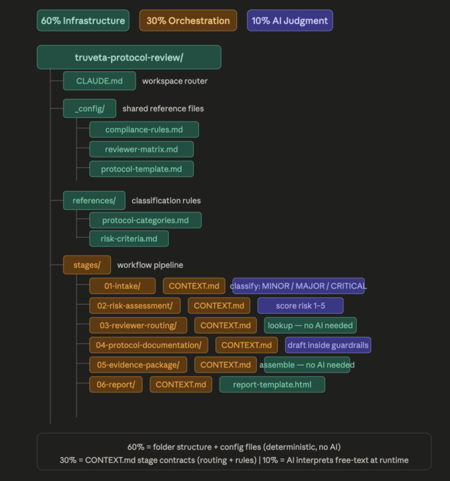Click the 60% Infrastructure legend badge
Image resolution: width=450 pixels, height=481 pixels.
[83, 21]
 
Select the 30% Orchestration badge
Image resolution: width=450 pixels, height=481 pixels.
[188, 21]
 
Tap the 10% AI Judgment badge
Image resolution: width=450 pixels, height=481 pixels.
[290, 21]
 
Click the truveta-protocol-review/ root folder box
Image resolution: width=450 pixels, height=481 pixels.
[129, 57]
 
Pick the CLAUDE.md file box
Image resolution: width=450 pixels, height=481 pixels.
[99, 81]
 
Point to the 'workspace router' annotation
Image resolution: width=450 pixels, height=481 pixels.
[175, 81]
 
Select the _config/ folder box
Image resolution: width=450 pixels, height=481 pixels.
[89, 109]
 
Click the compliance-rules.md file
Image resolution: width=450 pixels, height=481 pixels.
[144, 130]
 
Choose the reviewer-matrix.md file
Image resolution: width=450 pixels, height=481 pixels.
[142, 150]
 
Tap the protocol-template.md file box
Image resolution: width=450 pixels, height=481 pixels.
[142, 169]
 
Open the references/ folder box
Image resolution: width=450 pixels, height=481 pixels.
[94, 200]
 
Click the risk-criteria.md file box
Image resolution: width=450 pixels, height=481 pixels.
[129, 238]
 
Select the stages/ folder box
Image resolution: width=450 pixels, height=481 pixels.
[87, 265]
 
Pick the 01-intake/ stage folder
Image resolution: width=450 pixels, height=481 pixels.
[122, 286]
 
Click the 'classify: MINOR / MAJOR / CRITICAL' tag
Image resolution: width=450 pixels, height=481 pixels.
[298, 286]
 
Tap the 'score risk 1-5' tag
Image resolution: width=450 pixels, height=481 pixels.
[300, 305]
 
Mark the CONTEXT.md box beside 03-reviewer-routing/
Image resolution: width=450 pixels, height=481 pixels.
[226, 325]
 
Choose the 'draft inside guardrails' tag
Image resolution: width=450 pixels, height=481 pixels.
[328, 345]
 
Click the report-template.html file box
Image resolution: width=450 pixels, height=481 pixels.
[272, 385]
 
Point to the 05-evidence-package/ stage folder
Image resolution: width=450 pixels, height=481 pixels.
[138, 365]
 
